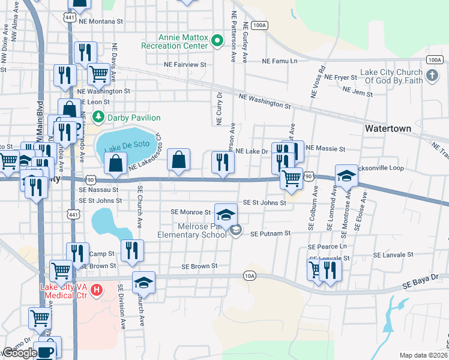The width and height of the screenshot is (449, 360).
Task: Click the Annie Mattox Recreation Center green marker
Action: (x=218, y=41)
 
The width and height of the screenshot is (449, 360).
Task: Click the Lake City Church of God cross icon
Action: (x=432, y=76)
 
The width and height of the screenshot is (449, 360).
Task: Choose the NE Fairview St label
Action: (x=185, y=64)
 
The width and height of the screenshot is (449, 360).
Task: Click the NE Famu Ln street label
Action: (x=280, y=61)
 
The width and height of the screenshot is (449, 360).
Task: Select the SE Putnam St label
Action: (x=271, y=233)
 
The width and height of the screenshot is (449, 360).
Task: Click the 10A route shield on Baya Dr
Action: (x=250, y=276)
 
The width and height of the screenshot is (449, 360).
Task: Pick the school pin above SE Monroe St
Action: (x=226, y=215)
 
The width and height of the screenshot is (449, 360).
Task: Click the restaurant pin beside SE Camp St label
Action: (x=77, y=252)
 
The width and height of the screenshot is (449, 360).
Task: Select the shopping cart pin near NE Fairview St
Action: (x=98, y=74)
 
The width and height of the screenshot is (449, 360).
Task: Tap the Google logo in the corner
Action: (x=19, y=353)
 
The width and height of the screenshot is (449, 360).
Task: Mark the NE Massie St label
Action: (x=326, y=148)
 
